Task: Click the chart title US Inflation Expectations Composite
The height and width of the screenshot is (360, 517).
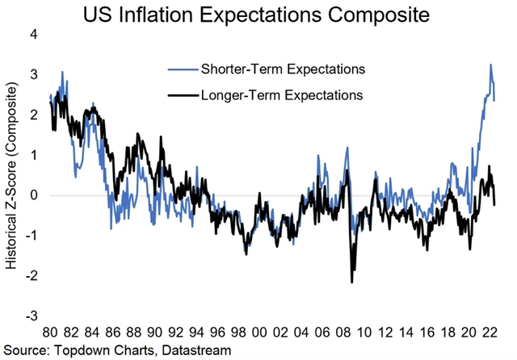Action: [258, 14]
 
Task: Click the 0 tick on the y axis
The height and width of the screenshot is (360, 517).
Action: [34, 195]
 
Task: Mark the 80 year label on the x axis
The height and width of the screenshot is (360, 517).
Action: [49, 333]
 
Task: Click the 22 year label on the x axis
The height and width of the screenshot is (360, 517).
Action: [490, 333]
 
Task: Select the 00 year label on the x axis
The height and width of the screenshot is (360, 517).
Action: [259, 333]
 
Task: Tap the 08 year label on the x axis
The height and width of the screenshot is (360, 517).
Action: [343, 333]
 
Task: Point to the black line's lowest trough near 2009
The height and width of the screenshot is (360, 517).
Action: [352, 282]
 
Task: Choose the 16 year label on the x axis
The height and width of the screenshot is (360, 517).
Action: [427, 333]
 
